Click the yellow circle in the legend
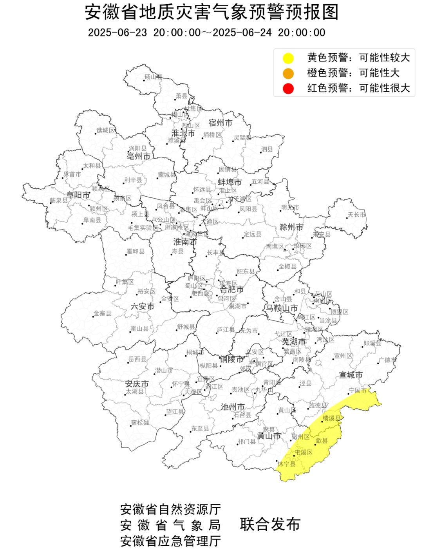coord(288,58)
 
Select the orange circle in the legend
coord(288,73)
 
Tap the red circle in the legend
coord(288,89)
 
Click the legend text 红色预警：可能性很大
coord(358,88)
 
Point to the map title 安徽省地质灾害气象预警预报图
coord(211,12)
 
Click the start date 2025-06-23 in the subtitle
coord(117,33)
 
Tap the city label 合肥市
coord(231,289)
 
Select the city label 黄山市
coord(269,436)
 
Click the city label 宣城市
coord(351,375)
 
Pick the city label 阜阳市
coord(78,195)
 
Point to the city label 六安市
coord(142,306)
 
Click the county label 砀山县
coord(153,77)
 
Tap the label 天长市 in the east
coord(356,215)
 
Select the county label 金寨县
coord(102,313)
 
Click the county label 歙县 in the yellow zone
coord(322,441)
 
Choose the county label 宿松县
coord(140,422)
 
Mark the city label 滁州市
coord(291,227)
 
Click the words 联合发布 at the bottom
coord(270,525)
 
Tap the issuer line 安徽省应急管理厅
coord(170,541)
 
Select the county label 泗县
coord(267,149)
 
